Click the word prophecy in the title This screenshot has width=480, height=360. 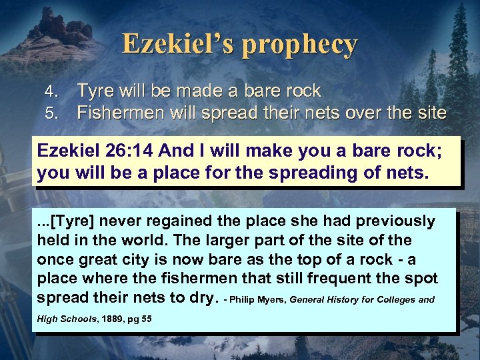300,45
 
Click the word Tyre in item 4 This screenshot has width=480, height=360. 96,91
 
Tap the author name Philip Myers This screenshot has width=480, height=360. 257,299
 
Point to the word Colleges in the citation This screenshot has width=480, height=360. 395,299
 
